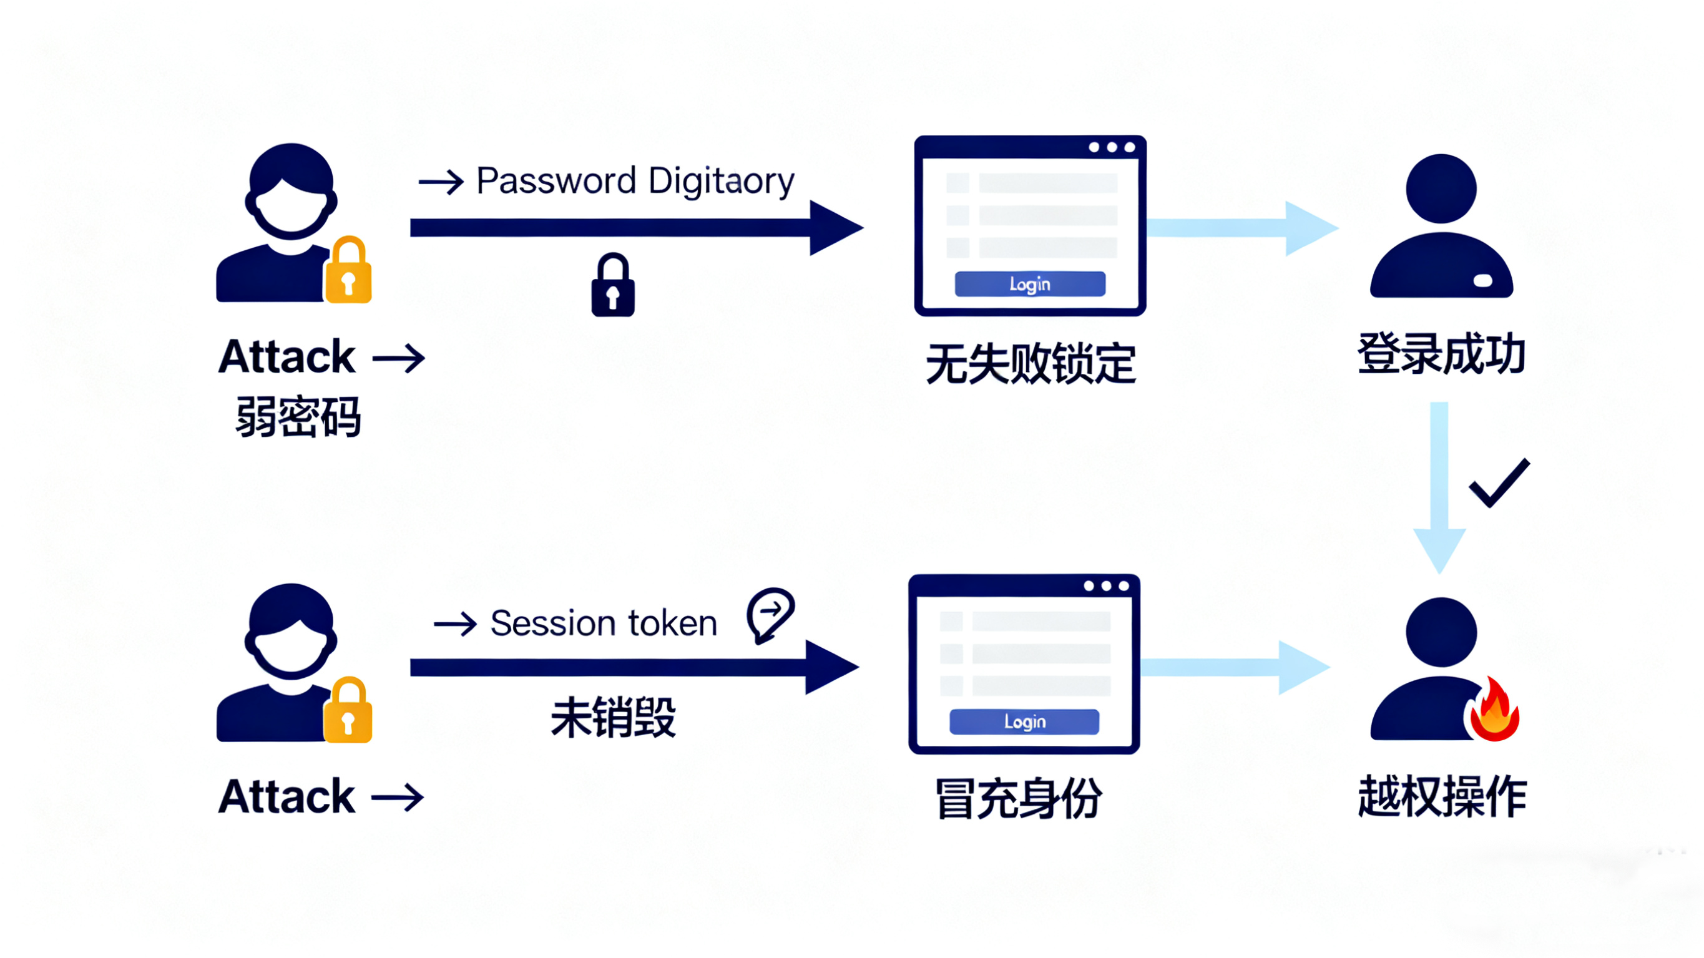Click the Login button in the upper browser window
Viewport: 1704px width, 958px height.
point(1029,284)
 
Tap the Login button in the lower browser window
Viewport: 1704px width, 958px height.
point(1024,721)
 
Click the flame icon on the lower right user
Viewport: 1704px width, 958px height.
point(1494,710)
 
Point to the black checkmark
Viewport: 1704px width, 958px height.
point(1499,483)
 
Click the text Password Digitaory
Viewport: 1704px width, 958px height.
point(634,180)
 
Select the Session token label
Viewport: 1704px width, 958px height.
point(604,623)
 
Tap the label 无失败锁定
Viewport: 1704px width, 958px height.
point(1030,364)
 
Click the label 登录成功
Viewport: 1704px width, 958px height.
point(1441,354)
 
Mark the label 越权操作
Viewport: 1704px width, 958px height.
point(1442,796)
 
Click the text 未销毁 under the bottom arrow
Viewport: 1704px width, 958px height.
point(613,717)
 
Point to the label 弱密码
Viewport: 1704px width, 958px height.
point(298,417)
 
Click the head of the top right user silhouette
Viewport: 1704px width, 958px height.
point(1441,188)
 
